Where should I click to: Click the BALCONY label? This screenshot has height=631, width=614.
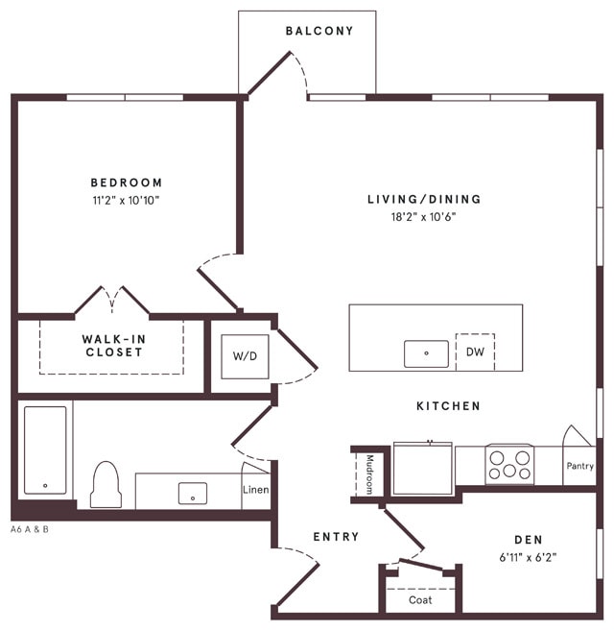click(319, 31)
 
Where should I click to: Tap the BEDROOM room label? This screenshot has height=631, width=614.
click(127, 182)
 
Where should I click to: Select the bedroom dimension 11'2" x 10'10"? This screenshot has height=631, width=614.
click(127, 201)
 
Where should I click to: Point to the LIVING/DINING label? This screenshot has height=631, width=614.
click(424, 200)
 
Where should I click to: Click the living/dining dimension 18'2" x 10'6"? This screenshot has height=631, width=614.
click(424, 217)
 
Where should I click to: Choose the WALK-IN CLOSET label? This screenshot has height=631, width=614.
click(112, 346)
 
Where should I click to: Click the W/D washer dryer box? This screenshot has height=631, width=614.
click(246, 356)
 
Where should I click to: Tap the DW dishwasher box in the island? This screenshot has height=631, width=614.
click(475, 352)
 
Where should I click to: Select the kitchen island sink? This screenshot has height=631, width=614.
click(427, 353)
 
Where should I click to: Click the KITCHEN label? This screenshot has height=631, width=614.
click(448, 406)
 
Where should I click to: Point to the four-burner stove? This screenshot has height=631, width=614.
click(508, 465)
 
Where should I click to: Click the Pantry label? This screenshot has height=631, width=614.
click(579, 466)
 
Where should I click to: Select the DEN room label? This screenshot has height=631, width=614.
click(529, 539)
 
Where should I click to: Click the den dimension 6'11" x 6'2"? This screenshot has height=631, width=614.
click(529, 556)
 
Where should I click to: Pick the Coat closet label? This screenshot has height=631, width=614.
click(420, 600)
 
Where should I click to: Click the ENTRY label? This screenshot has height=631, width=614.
click(336, 537)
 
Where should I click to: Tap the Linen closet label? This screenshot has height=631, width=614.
click(256, 491)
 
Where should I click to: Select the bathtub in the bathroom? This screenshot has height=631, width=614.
click(45, 449)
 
